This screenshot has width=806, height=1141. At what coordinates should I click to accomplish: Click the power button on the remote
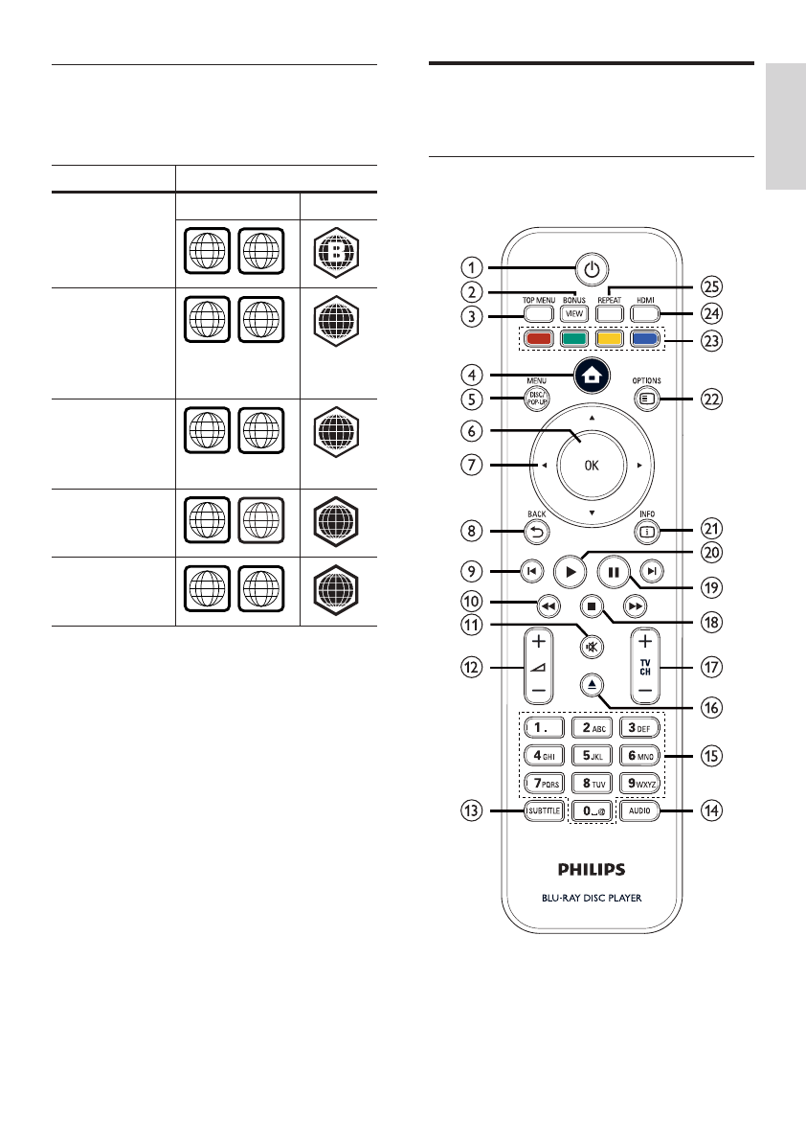pos(592,269)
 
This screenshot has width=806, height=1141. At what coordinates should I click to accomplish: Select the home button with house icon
pos(591,374)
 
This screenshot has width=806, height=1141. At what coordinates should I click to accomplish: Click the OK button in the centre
pos(592,465)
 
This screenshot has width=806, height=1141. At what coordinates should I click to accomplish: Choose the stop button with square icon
pos(592,605)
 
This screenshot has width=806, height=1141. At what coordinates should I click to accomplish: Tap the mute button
pos(592,647)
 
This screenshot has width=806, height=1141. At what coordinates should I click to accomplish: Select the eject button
pos(592,684)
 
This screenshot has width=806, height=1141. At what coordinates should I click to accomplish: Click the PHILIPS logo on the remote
pos(591,870)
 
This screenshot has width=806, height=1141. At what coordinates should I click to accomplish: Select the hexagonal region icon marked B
pos(339,247)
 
